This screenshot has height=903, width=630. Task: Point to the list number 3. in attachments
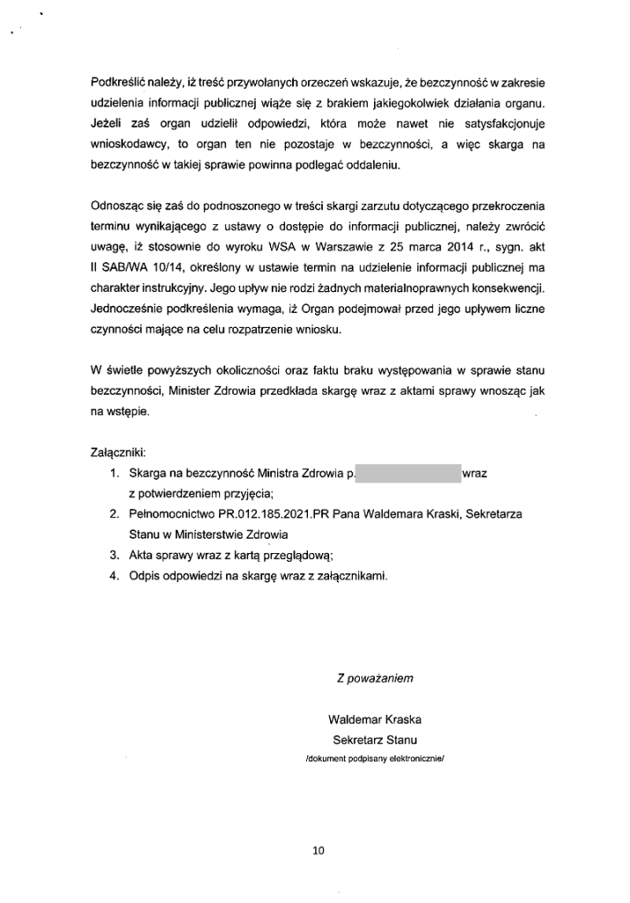(x=115, y=555)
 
